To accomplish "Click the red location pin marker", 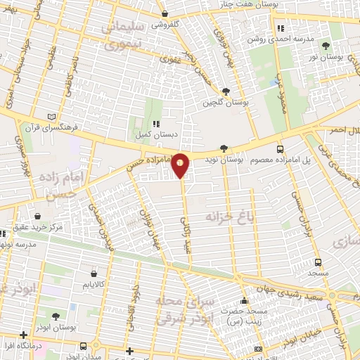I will point(181,165).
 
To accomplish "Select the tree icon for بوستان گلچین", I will point(226,91).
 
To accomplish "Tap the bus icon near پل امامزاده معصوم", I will point(281,149).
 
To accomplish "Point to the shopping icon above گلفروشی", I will point(164,13).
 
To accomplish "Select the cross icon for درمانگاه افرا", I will point(24,334).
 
